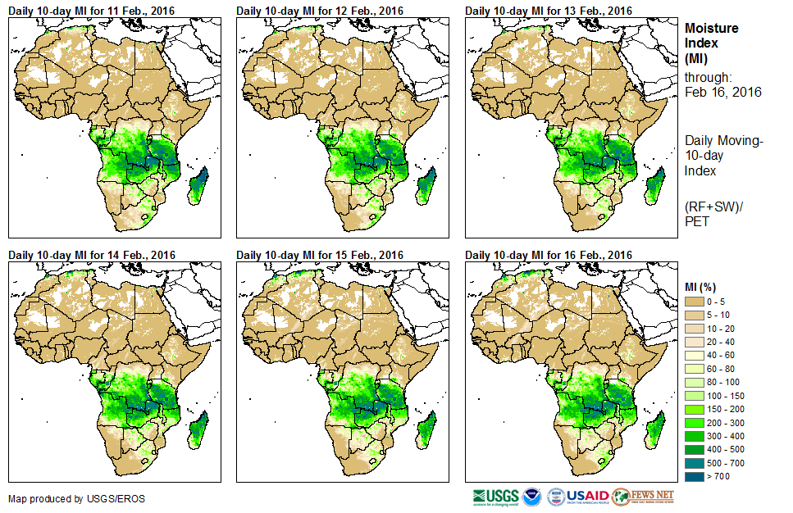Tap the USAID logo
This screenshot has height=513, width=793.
(x=589, y=497)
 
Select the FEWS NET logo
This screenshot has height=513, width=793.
(x=643, y=497)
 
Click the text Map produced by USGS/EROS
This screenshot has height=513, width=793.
(x=66, y=498)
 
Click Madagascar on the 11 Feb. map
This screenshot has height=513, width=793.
(x=198, y=185)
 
